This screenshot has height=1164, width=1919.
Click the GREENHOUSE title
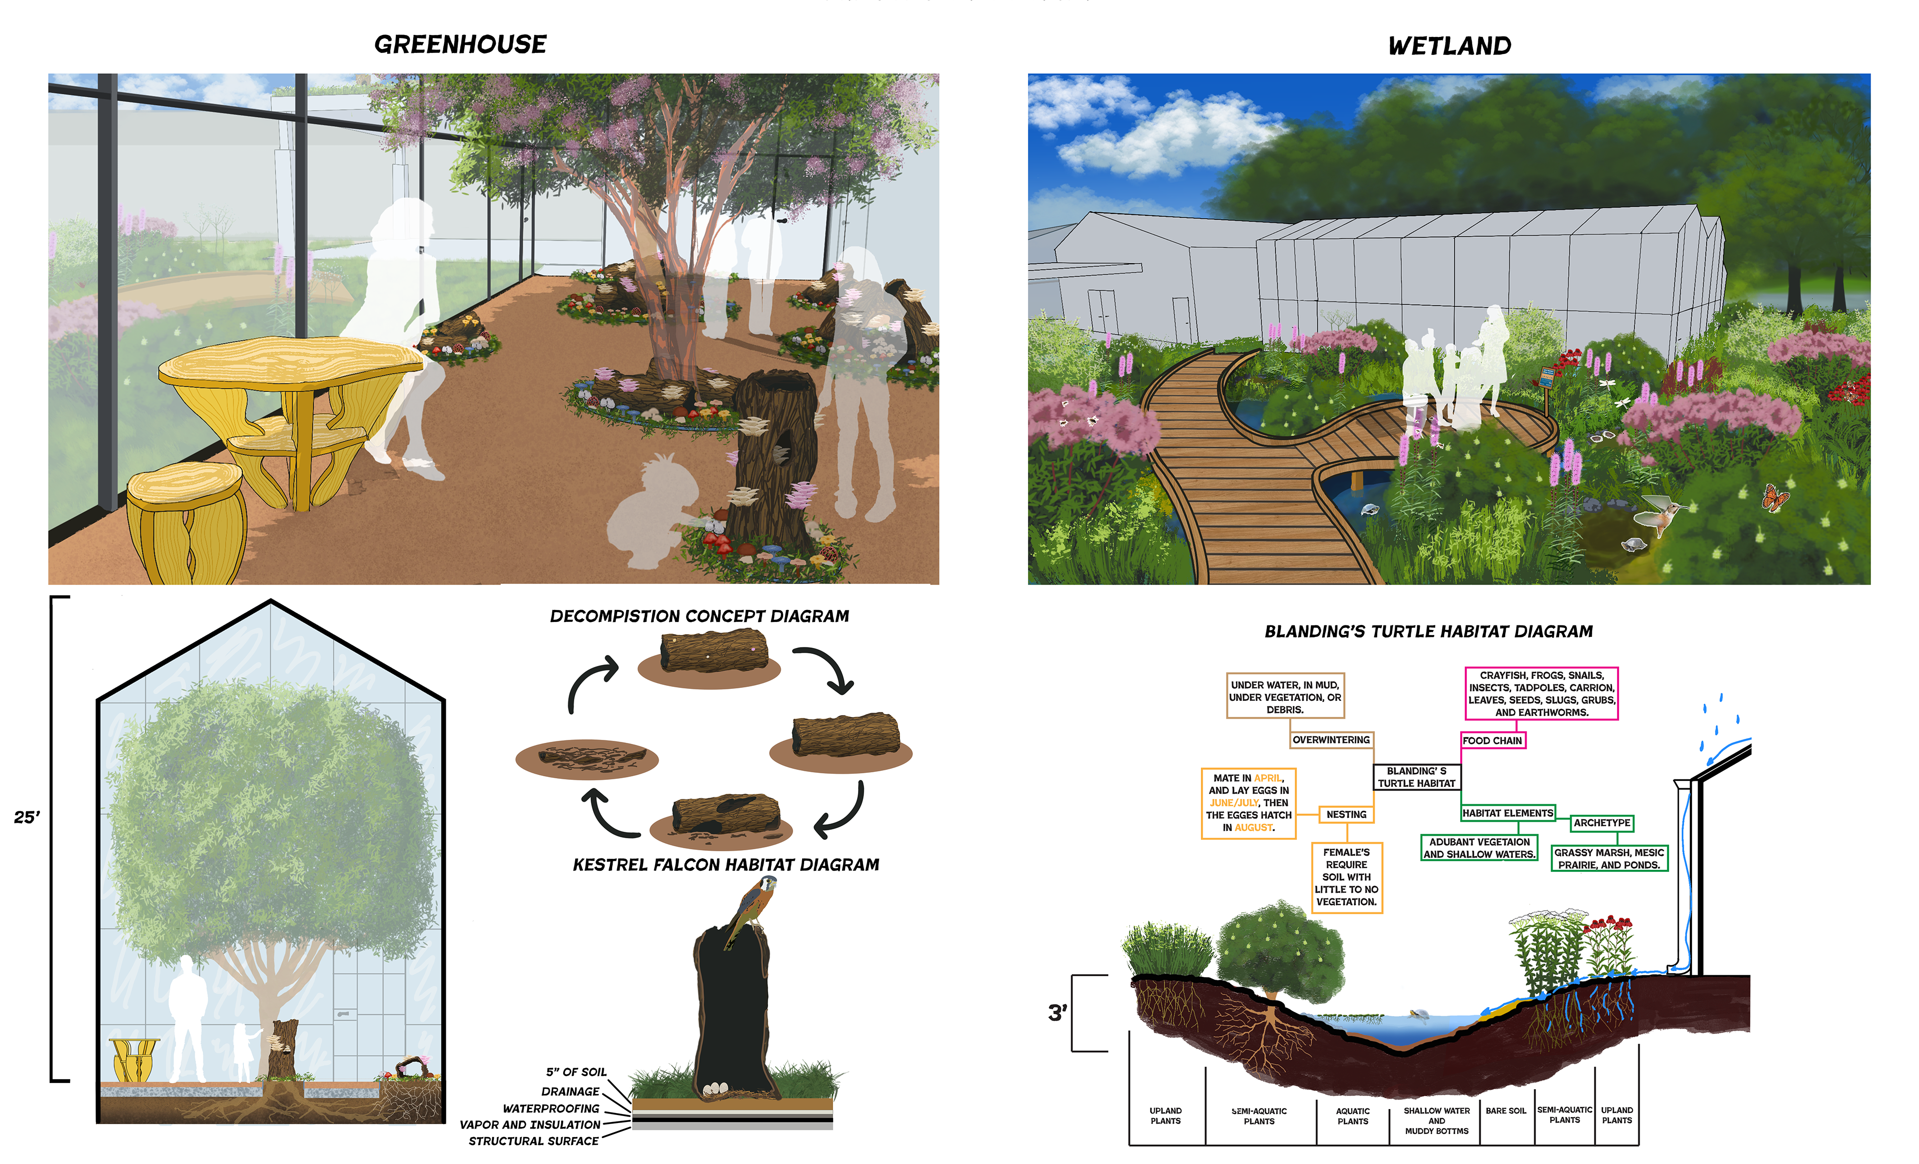[x=460, y=44]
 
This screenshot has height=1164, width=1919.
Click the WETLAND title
[x=1449, y=46]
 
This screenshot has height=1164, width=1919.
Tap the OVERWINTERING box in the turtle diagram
[x=1330, y=740]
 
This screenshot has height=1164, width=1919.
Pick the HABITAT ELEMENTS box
[x=1507, y=813]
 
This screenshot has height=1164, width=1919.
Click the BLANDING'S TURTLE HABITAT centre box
[x=1416, y=777]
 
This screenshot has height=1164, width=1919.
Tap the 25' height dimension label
[x=26, y=817]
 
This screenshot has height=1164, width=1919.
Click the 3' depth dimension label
[x=1057, y=1013]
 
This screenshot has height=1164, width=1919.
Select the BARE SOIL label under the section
[x=1505, y=1111]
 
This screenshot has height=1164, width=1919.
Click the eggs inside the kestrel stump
[x=714, y=1089]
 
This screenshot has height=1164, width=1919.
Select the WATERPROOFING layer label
[x=551, y=1109]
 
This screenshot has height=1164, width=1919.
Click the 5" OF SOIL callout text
[x=576, y=1072]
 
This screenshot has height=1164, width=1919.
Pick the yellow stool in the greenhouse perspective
[x=187, y=522]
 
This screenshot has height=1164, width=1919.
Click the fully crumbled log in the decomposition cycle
[x=587, y=758]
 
